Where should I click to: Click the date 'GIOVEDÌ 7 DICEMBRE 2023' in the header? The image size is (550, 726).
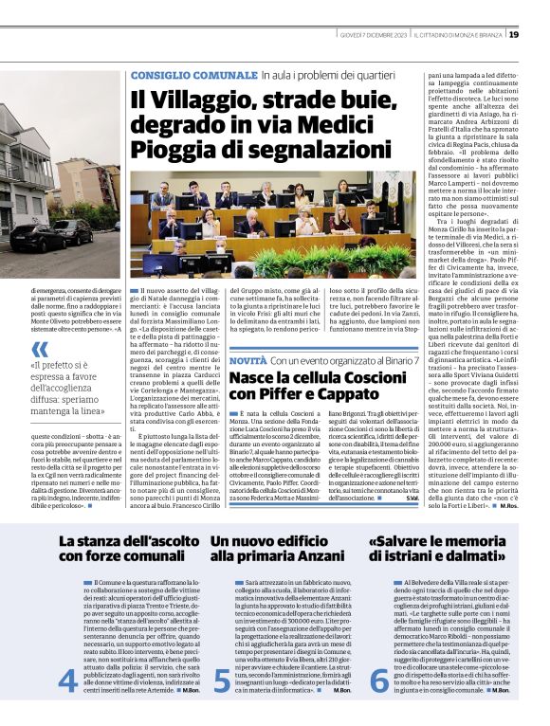pyautogui.click(x=376, y=35)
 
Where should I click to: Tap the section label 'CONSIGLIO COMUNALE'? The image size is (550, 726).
pyautogui.click(x=184, y=75)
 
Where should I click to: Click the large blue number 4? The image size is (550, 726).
pyautogui.click(x=67, y=680)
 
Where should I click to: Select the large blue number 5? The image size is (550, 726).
pyautogui.click(x=221, y=680)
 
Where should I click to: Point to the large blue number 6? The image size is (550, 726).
pyautogui.click(x=378, y=680)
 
